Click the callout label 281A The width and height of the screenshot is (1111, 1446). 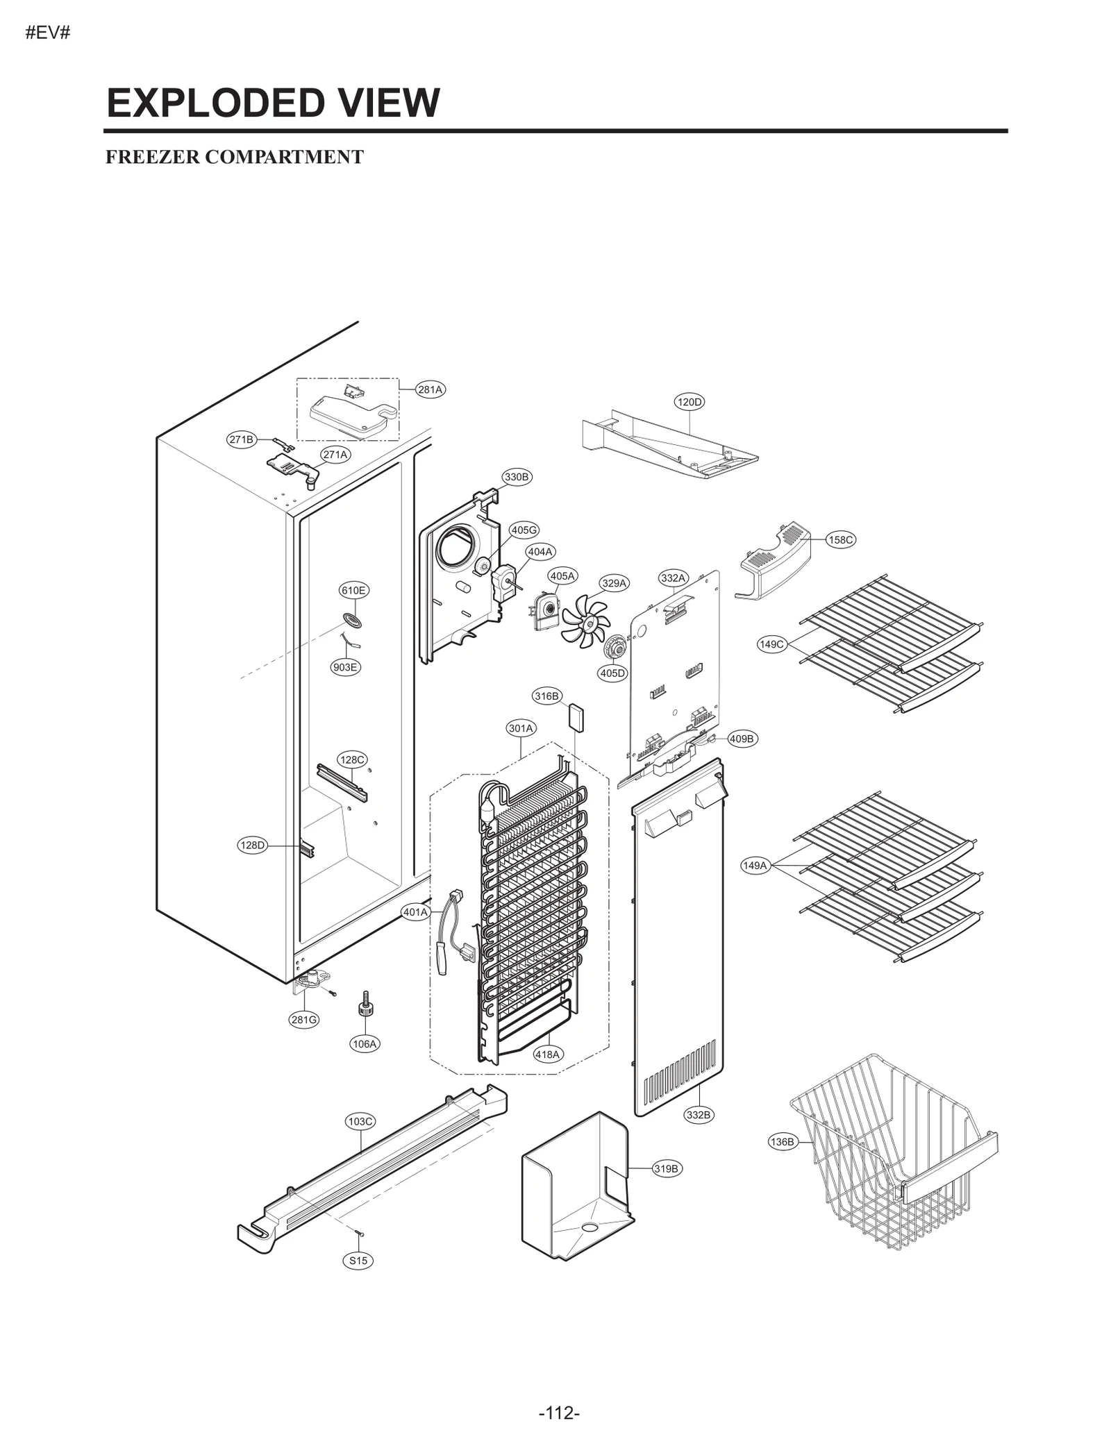pos(431,389)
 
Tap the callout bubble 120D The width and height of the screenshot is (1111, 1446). pos(689,402)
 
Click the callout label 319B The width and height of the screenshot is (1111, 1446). pos(666,1168)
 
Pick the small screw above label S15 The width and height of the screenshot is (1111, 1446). pos(359,1232)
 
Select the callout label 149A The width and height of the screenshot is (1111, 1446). pos(755,865)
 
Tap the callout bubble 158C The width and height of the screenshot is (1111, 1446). pos(841,539)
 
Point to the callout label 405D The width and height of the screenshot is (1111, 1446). pos(612,673)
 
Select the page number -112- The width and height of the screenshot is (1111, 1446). pos(558,1394)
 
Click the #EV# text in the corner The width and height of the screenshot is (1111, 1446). pos(48,33)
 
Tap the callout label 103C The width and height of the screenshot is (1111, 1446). pos(360,1121)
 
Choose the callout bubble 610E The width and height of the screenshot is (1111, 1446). pos(353,590)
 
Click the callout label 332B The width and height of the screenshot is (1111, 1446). pos(699,1115)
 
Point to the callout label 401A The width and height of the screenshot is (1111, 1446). pos(416,912)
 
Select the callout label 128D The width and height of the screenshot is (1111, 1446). pos(253,845)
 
